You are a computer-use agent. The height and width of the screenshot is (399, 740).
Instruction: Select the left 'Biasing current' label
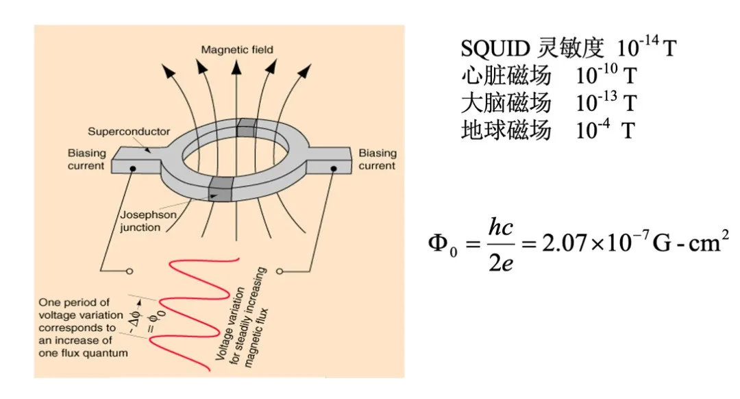(x=87, y=159)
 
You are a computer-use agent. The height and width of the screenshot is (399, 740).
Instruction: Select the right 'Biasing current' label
(x=377, y=159)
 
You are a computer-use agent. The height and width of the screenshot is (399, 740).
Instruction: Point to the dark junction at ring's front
(x=221, y=189)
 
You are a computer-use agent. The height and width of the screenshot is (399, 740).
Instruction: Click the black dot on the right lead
(x=334, y=167)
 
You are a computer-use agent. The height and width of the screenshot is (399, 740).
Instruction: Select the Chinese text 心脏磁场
(x=506, y=75)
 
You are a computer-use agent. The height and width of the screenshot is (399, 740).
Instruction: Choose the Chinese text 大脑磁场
(x=506, y=103)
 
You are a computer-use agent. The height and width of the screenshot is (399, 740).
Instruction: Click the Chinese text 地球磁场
(x=506, y=130)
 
